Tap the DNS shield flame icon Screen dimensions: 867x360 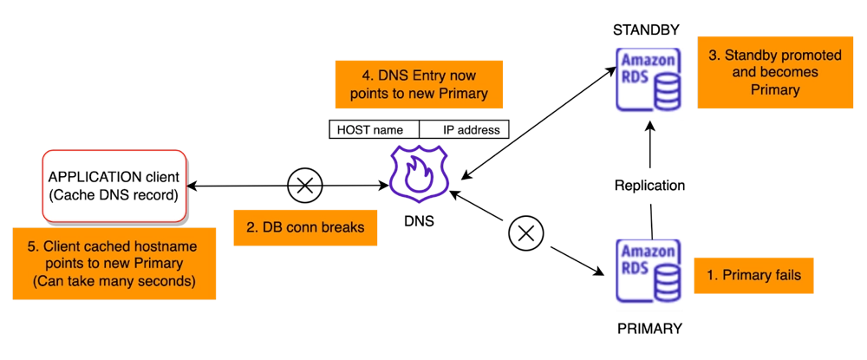(x=418, y=173)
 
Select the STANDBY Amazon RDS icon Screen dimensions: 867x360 (x=649, y=79)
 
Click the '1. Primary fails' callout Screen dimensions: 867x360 (x=753, y=275)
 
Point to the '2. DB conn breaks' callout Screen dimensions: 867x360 (x=305, y=227)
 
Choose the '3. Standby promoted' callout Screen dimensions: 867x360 (x=775, y=72)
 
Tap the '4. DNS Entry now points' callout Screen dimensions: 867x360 (x=419, y=85)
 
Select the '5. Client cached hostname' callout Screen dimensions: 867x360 (x=114, y=264)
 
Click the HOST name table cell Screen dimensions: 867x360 (x=375, y=130)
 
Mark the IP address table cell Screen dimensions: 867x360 (x=464, y=130)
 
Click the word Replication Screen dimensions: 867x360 (x=649, y=186)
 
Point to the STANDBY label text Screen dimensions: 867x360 (x=646, y=30)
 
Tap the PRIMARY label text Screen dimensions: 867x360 (x=649, y=329)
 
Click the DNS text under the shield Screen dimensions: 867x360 (x=419, y=221)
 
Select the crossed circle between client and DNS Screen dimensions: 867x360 (x=305, y=186)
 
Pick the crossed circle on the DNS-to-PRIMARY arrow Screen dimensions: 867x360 (x=526, y=232)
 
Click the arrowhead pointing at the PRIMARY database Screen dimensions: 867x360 (x=597, y=271)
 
